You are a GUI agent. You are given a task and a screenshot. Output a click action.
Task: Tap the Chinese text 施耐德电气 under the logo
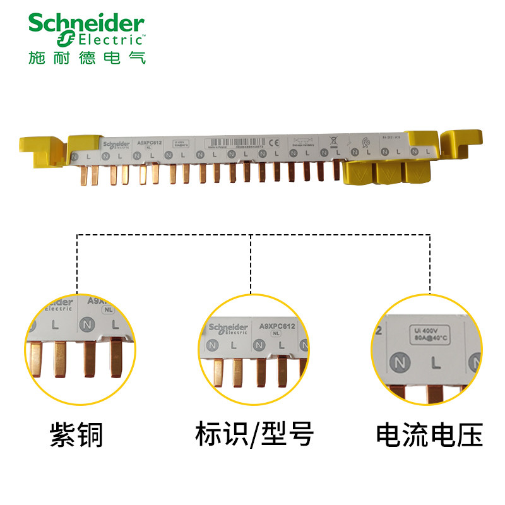[87, 57]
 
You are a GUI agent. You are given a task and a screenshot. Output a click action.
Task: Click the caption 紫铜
[76, 436]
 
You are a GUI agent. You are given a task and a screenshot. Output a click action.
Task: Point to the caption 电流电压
[429, 436]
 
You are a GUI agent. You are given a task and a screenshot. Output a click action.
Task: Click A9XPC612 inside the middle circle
[278, 326]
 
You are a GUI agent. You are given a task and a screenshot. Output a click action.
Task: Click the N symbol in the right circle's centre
[398, 363]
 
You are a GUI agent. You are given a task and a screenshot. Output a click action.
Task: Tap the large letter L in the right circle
[435, 363]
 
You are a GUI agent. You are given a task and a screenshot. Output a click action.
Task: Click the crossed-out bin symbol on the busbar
[333, 142]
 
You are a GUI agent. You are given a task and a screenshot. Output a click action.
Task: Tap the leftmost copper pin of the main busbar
[81, 176]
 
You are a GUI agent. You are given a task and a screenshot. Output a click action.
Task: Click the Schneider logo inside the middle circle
[228, 327]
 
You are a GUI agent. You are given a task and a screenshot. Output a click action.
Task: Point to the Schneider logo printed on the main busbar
[116, 143]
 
